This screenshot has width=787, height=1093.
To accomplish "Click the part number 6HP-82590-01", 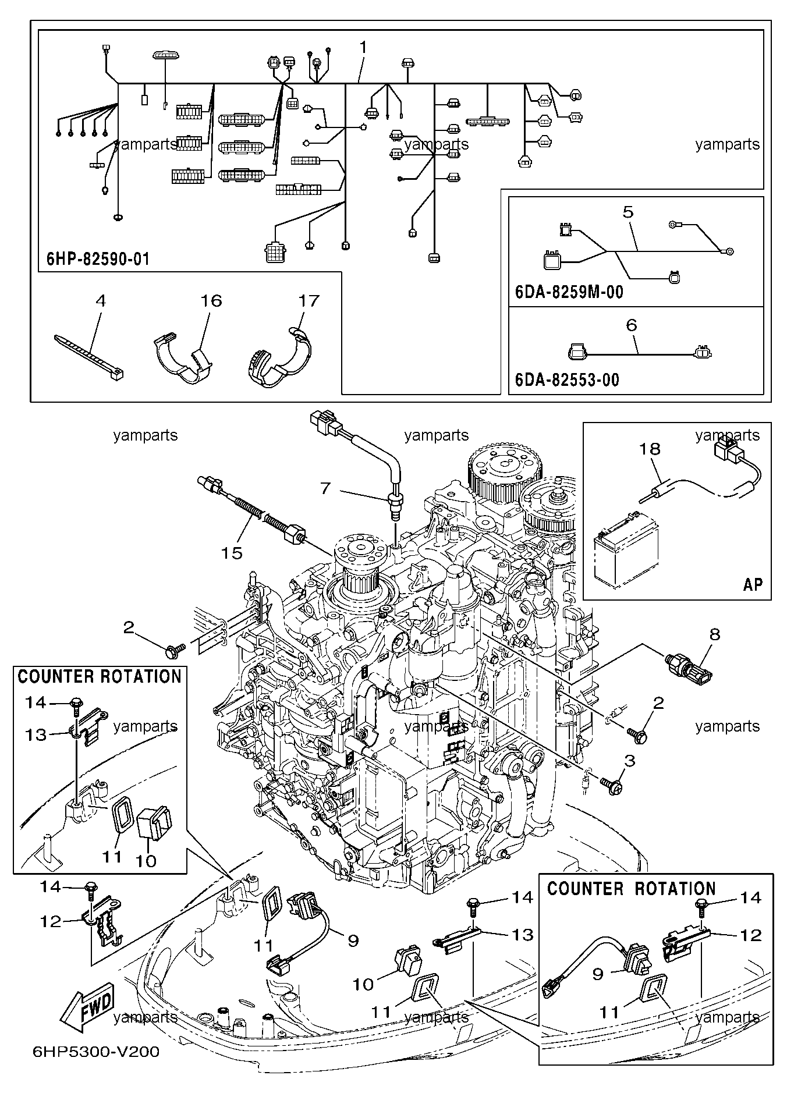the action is click(98, 258).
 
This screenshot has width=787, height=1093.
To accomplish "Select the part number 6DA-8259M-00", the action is click(569, 292).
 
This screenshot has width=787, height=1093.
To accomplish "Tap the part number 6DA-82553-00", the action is click(567, 380).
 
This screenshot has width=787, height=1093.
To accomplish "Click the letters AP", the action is click(752, 584).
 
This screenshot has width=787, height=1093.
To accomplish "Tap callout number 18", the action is click(650, 449).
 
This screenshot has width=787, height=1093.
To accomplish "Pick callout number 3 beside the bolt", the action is click(629, 760).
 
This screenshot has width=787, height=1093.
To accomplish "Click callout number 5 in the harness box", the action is click(628, 212).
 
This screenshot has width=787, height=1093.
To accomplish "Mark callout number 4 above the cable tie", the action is click(101, 300).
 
